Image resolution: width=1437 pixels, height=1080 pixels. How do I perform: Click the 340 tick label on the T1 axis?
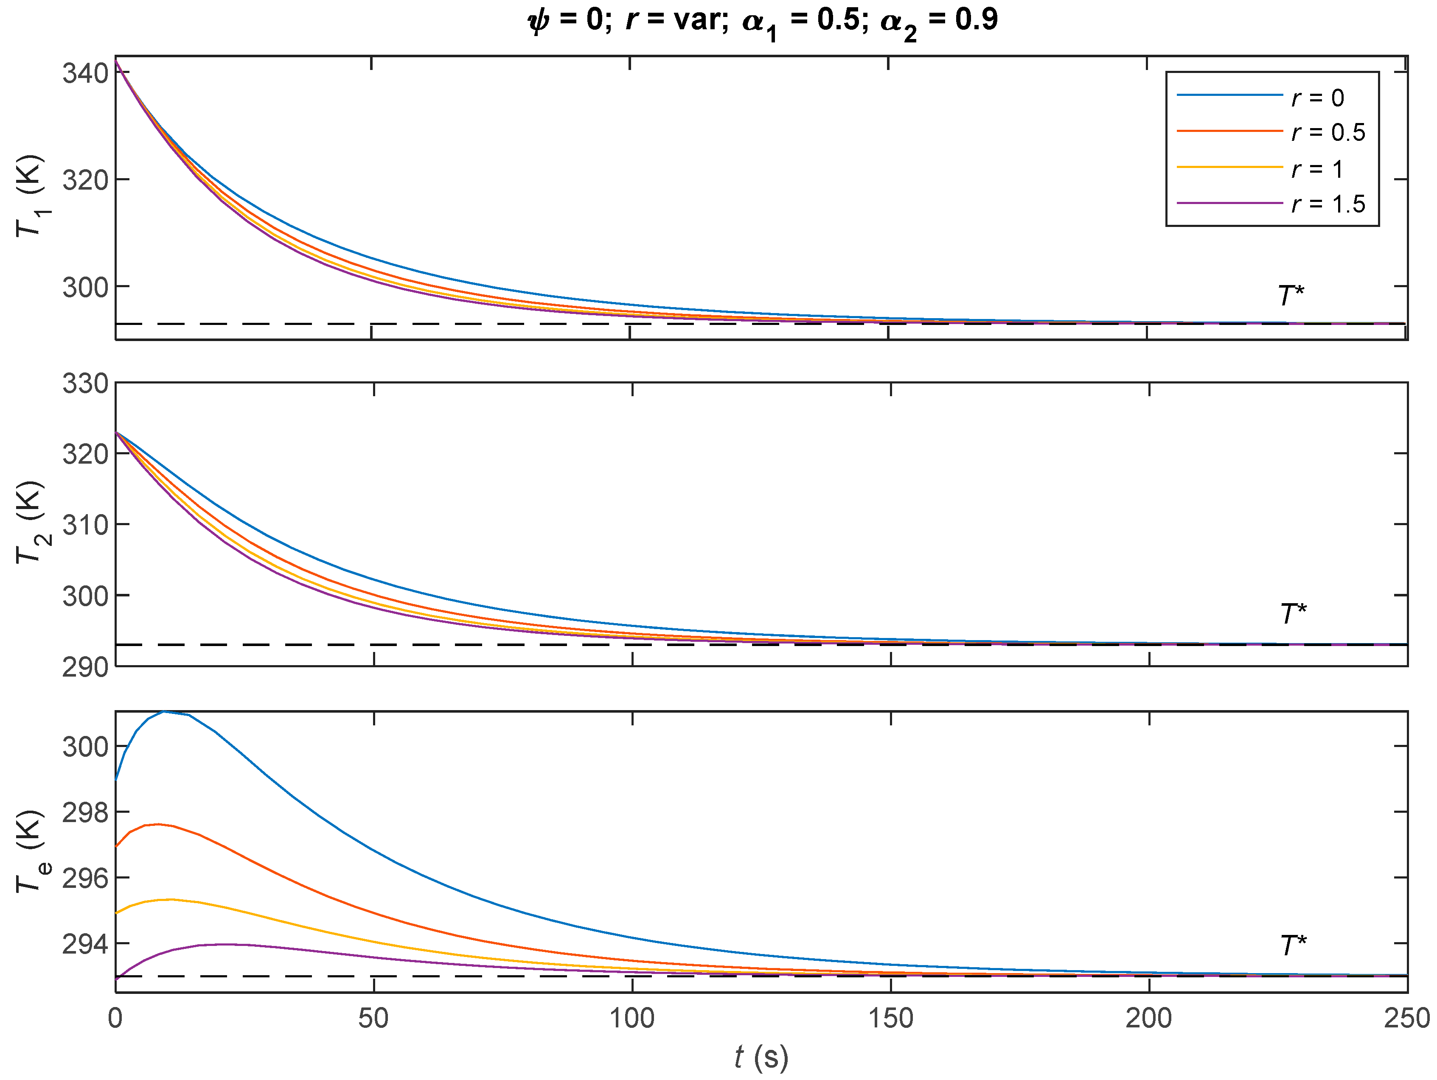84,73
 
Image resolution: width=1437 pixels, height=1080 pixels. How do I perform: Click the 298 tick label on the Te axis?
84,812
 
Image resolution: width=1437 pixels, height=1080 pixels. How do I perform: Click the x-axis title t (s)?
761,1057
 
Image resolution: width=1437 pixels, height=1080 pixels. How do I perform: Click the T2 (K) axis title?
30,523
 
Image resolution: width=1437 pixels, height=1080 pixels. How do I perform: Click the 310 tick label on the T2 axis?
84,525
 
